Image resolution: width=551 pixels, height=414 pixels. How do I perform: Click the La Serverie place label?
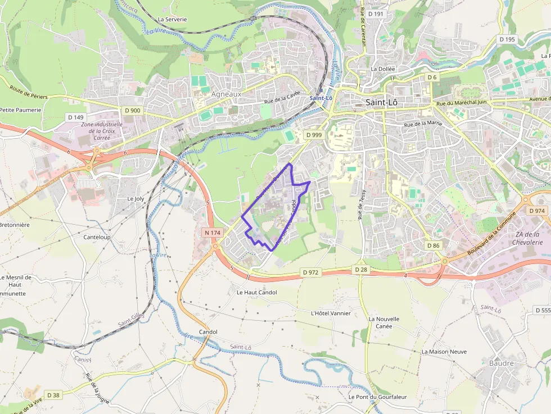[172, 19]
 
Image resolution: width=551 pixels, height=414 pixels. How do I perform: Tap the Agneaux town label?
[226, 94]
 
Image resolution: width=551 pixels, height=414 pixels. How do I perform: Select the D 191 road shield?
[375, 13]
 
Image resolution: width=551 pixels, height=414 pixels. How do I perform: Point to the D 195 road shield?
[507, 39]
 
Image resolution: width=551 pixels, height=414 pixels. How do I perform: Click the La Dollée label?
[383, 69]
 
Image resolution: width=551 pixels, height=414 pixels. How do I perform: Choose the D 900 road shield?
[132, 111]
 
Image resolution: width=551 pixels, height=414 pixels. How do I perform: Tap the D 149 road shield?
[75, 117]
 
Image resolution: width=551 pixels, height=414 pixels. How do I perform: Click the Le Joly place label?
[136, 198]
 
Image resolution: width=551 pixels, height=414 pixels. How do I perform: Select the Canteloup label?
[97, 237]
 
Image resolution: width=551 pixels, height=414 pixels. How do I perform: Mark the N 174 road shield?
[211, 232]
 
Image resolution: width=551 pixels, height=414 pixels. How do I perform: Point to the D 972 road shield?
[310, 272]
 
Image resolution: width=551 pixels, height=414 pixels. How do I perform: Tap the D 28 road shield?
[360, 270]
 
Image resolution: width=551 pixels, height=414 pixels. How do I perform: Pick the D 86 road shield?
[433, 245]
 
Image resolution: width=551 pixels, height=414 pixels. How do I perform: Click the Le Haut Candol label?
[256, 292]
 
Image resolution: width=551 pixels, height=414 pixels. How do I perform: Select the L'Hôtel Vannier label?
[331, 313]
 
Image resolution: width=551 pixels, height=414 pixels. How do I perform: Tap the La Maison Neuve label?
[444, 352]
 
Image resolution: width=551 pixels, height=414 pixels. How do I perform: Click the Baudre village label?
[502, 363]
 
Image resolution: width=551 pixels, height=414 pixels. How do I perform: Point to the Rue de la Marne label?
[423, 124]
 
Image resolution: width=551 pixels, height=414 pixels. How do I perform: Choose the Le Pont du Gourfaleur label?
[377, 397]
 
